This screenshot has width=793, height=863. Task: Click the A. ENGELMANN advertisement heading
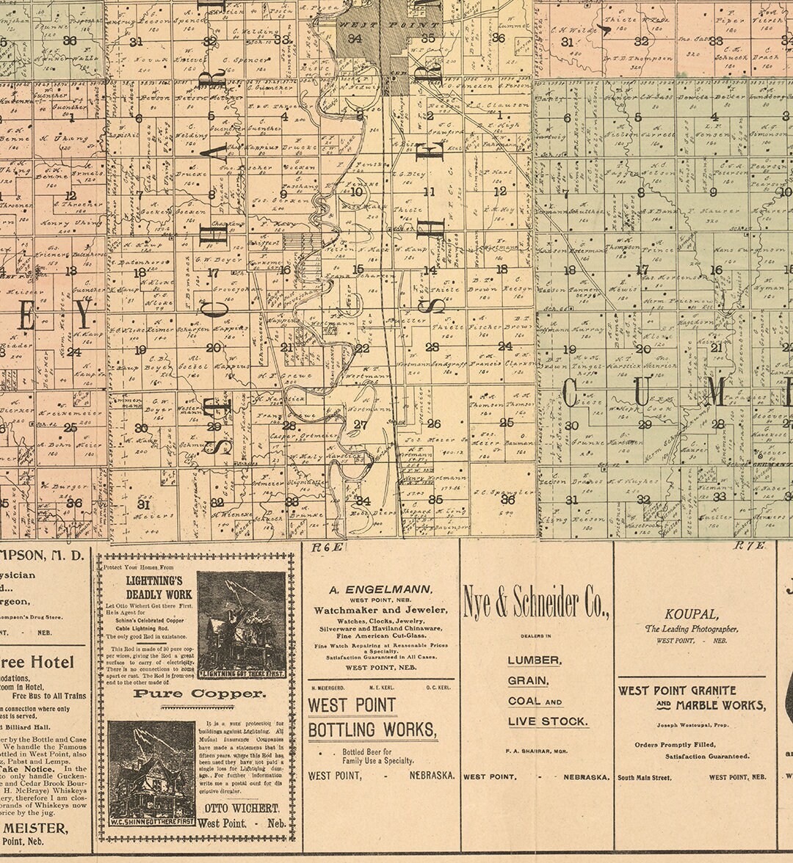coord(380,589)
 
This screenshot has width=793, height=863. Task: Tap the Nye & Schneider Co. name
coord(536,603)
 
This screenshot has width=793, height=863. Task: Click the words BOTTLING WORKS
coord(372,730)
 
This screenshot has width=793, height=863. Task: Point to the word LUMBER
coord(535,660)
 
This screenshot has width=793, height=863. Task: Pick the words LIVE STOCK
coord(548,721)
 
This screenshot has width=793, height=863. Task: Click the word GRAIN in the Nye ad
coord(527,680)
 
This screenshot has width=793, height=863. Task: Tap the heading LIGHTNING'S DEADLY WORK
coord(159,587)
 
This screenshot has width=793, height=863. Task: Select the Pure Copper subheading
coord(199,693)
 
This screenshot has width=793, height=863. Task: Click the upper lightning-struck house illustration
coord(241,624)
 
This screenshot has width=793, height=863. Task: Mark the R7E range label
coord(749,545)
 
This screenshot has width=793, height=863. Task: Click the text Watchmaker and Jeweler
coord(380,610)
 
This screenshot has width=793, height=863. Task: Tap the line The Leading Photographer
coord(691,629)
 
